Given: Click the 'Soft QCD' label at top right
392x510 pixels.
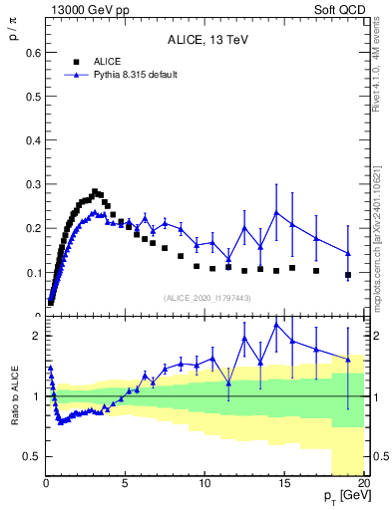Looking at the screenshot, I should coord(341,9).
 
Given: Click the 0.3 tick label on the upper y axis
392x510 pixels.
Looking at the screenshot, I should coord(32,183).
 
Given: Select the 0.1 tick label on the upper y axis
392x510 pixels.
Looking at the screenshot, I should coord(32,272).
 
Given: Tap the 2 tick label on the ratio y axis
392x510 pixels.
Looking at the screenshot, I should coord(37,336).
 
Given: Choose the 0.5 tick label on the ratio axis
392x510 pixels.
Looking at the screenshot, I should coord(32,456).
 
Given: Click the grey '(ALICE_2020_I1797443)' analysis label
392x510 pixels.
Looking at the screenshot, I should coord(207,299).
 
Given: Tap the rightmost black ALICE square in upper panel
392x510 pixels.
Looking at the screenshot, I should coord(348,275).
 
